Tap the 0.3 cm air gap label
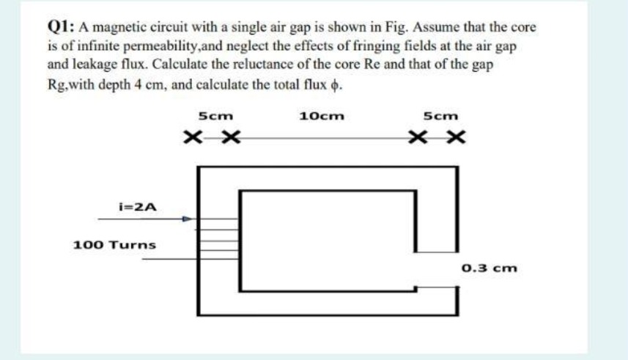pos(490,268)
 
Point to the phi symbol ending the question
pos(337,83)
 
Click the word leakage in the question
pos(97,64)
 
